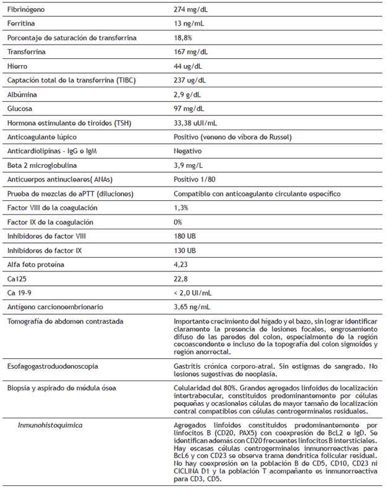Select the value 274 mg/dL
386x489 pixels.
[192, 11]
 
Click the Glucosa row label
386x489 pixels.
[20, 108]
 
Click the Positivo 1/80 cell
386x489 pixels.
[194, 178]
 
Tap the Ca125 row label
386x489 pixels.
[17, 278]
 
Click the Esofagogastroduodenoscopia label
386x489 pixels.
[52, 366]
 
